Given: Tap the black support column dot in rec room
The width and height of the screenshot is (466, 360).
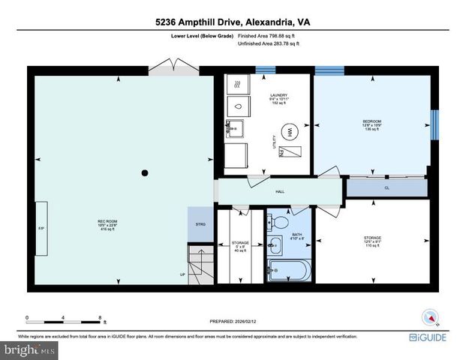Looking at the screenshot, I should pos(145,173).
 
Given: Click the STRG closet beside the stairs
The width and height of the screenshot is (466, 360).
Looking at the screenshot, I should pos(200,224).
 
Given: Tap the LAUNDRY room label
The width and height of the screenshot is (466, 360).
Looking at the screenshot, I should pos(280,96).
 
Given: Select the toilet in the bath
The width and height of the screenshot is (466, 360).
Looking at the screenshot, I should pos(279,222).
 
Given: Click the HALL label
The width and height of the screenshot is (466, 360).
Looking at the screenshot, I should pos(279,192).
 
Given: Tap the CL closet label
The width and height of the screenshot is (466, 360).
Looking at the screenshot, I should pos(386,187).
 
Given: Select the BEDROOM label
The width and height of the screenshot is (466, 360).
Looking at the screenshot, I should pos(372,121).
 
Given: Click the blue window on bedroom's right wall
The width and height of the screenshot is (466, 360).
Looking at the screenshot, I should pos(433,124).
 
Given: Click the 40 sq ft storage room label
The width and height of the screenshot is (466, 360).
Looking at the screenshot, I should pos(240,247).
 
